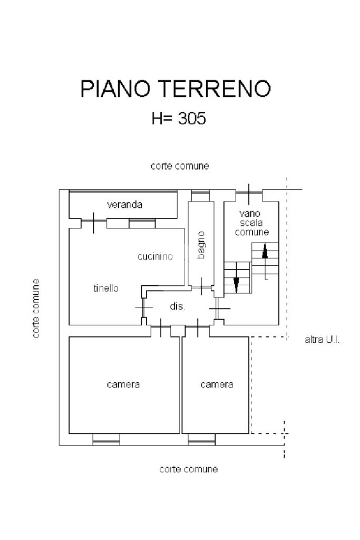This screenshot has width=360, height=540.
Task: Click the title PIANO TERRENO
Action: coord(176,89)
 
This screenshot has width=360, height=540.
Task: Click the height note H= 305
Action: coord(179,118)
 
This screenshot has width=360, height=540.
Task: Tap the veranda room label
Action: coord(124,205)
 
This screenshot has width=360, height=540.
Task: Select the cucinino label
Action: coord(155,257)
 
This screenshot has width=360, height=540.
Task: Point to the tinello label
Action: coord(106,288)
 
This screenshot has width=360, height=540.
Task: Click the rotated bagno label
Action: coord(201,245)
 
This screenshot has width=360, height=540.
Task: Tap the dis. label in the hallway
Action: coord(178,306)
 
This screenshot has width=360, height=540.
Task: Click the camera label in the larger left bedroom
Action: coord(123,384)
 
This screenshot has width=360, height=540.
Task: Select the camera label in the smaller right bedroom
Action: coord(217,384)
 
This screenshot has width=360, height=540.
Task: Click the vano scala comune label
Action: coord(251,223)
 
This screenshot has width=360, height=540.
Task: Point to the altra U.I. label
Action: coord(322,340)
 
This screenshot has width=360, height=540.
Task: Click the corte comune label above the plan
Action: coord(180,166)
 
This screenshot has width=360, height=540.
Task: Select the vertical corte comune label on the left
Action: coord(36,308)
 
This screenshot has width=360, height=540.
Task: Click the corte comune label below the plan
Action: coord(189,469)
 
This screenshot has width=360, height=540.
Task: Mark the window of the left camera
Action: coord(106,439)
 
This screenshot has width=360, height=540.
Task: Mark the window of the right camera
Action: coord(202,439)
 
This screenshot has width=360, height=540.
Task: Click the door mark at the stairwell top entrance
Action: coord(249,195)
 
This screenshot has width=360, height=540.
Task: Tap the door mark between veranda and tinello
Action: coord(94,223)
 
